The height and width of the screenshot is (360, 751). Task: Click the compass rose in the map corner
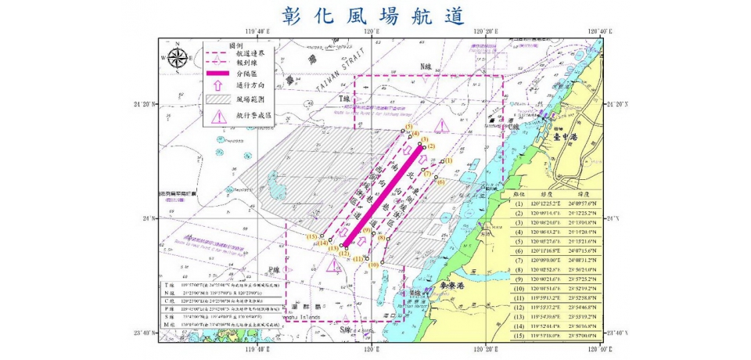178,57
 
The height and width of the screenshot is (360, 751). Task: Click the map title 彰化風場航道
375,16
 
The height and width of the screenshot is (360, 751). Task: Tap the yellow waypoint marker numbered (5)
408,128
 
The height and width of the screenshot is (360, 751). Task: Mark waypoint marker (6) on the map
440,182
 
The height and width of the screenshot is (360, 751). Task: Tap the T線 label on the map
345,99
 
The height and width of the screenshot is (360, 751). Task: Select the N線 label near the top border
426,66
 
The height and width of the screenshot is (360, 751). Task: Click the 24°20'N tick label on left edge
145,103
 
